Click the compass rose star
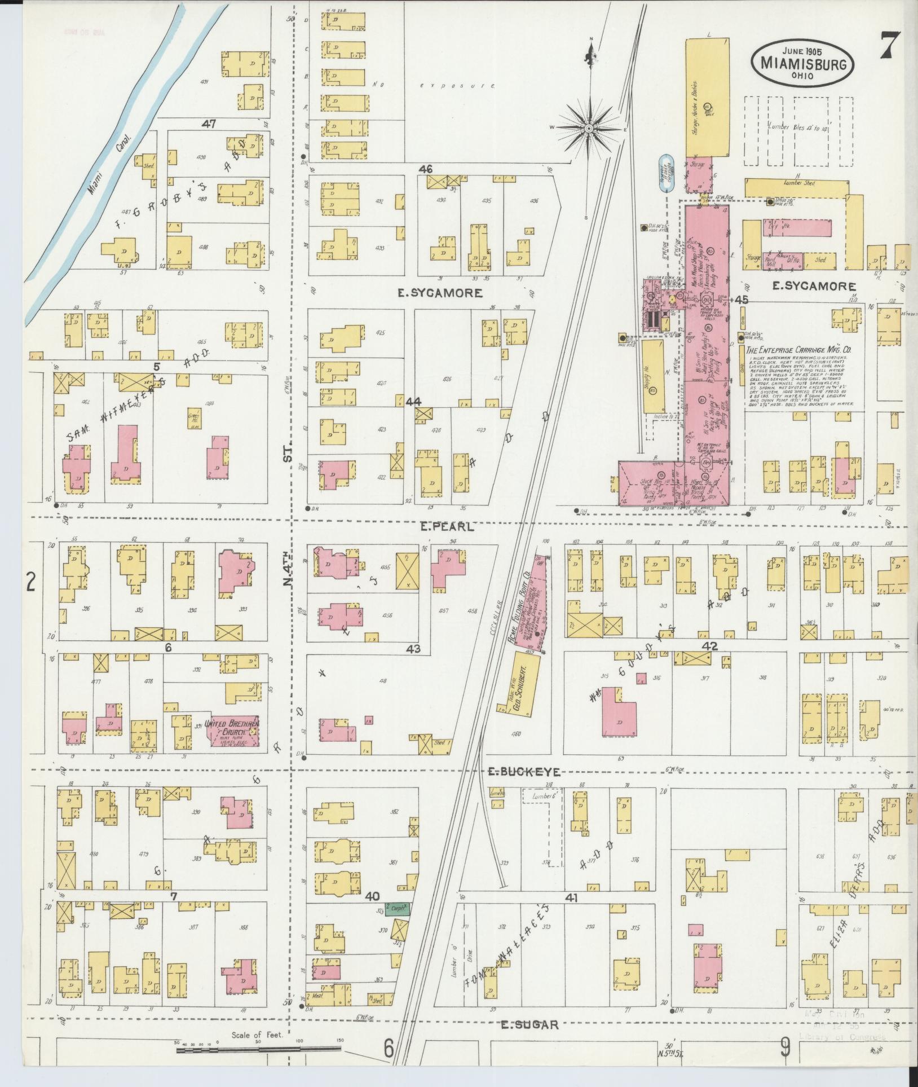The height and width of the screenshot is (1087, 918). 589,129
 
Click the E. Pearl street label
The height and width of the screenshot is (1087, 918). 447,527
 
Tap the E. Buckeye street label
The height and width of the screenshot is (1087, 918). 524,772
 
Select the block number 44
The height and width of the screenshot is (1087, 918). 413,401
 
